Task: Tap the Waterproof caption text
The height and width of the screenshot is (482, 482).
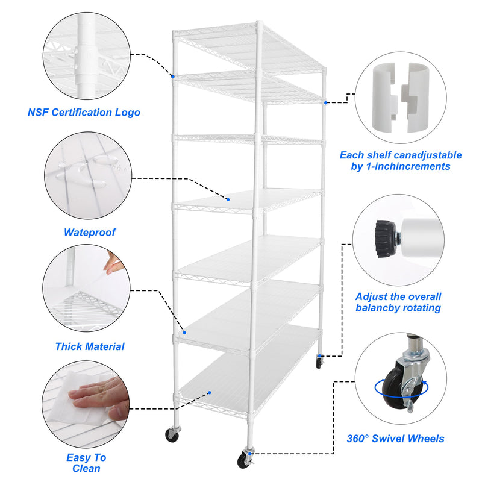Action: pyautogui.click(x=89, y=232)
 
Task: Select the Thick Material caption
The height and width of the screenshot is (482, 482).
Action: pyautogui.click(x=90, y=346)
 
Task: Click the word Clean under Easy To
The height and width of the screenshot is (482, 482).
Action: pyautogui.click(x=86, y=468)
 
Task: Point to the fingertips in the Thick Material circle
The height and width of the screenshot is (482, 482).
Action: pyautogui.click(x=112, y=263)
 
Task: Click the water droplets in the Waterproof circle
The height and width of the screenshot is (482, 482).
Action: pyautogui.click(x=102, y=163)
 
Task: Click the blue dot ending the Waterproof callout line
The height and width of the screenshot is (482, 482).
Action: pyautogui.click(x=229, y=199)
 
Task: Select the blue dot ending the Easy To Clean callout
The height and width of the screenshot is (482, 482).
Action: pyautogui.click(x=209, y=393)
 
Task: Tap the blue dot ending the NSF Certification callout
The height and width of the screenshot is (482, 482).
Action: pyautogui.click(x=172, y=77)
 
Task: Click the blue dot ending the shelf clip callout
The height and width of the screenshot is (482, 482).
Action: pyautogui.click(x=326, y=103)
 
